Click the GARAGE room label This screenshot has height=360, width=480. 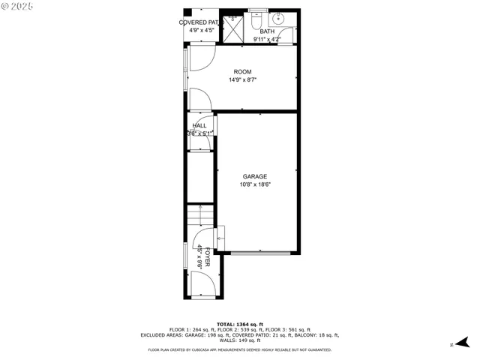(x=254, y=176)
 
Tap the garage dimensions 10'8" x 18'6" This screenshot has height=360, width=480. (x=254, y=184)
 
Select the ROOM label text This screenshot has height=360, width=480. (x=242, y=72)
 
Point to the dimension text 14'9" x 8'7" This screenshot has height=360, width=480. (x=242, y=79)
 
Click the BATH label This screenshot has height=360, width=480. (x=267, y=31)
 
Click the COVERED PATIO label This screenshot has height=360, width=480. (x=200, y=22)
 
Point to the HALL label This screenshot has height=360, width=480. (x=199, y=126)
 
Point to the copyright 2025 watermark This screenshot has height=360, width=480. (x=16, y=6)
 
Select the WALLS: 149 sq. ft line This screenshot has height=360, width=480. (x=239, y=340)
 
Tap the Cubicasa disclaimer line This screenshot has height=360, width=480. (x=239, y=349)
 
